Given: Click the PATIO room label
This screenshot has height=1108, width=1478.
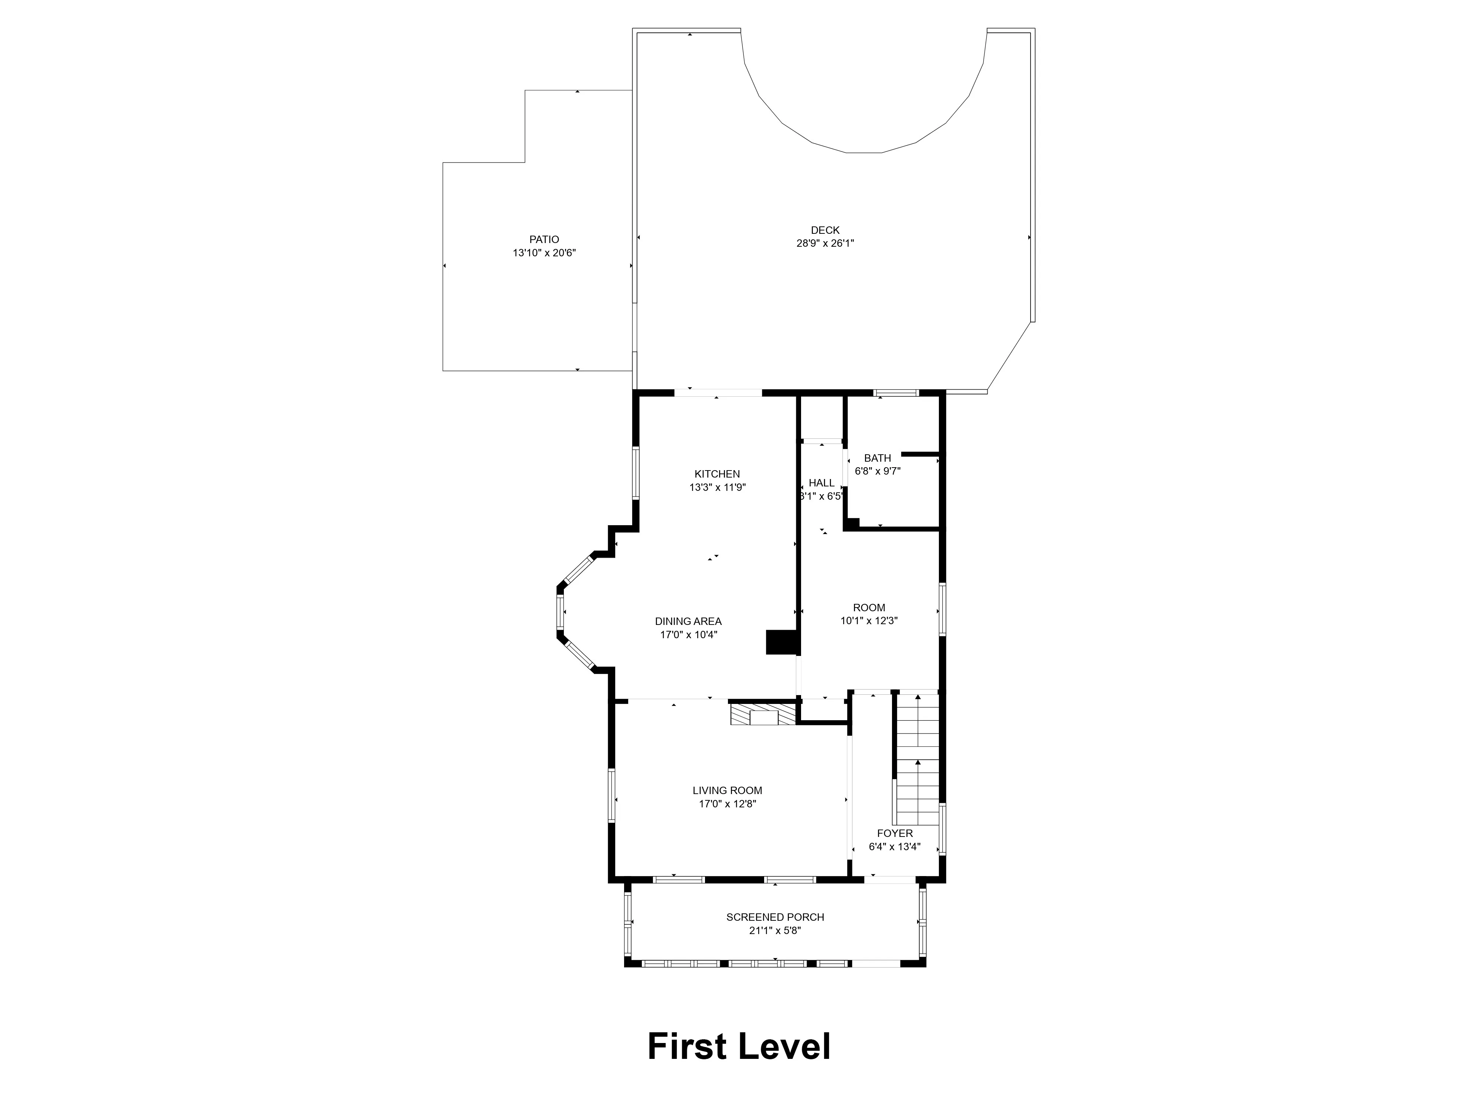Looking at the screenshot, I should [x=544, y=239].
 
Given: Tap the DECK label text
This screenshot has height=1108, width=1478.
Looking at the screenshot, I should [x=825, y=230].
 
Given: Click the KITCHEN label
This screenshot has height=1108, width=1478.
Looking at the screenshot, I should [x=717, y=474].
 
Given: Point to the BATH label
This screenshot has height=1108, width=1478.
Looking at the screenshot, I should [x=877, y=458].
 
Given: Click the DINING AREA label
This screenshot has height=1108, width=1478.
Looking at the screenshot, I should [x=688, y=621].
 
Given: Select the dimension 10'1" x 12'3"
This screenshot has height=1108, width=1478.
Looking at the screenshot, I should [x=869, y=620].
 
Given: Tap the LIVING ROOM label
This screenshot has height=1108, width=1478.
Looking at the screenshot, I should [x=727, y=791].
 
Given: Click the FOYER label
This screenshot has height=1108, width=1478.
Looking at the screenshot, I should [x=895, y=834].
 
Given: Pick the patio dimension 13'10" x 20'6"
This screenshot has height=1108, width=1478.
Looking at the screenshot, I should [x=544, y=253].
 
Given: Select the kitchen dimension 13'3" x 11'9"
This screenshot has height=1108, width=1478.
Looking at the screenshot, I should [x=717, y=488].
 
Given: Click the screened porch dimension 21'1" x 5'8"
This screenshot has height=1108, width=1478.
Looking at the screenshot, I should [x=775, y=930].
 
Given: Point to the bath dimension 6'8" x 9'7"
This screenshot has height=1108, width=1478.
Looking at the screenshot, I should [x=877, y=471].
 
